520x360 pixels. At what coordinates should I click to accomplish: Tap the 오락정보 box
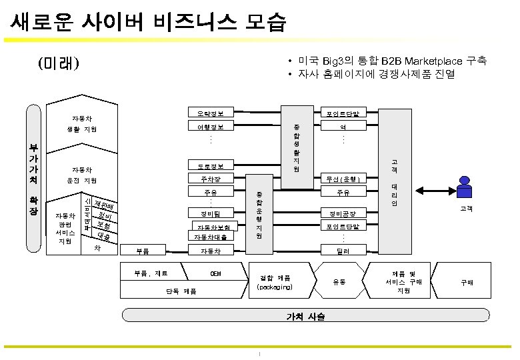(210, 112)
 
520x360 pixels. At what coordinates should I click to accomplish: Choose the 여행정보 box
(210, 126)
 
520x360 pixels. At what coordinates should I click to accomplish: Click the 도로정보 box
(210, 165)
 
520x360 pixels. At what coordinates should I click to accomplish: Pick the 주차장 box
(210, 179)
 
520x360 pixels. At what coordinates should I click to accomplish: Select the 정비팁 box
(210, 214)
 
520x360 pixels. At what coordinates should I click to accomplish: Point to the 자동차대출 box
(210, 237)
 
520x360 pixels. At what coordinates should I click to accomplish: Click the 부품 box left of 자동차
(142, 251)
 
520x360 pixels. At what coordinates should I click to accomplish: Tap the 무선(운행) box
(343, 179)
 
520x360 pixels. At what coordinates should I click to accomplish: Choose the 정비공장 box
(343, 214)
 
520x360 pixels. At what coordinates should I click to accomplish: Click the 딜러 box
(343, 251)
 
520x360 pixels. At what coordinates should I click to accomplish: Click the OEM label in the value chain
(216, 274)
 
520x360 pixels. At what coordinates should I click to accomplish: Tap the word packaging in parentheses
(274, 287)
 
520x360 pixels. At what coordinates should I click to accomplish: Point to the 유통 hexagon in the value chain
(340, 283)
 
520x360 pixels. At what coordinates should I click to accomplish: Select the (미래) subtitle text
(59, 64)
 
